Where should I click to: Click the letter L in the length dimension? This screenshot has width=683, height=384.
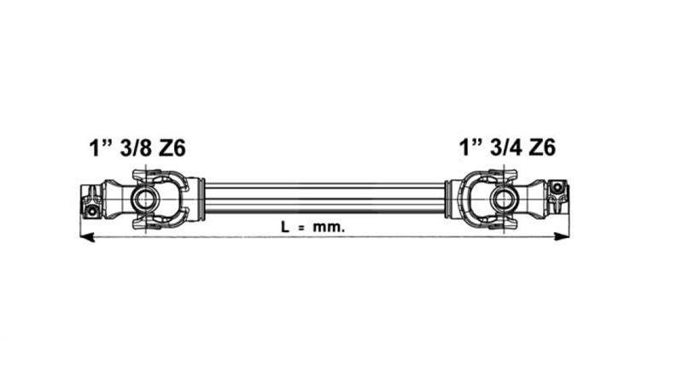[284, 229]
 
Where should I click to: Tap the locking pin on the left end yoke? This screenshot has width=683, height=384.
[90, 206]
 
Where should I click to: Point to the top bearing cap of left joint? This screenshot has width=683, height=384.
[148, 175]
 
